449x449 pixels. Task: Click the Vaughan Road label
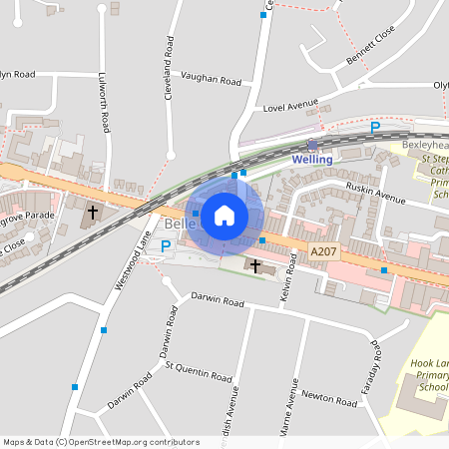point(211,79)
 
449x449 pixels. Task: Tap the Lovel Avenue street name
point(289,104)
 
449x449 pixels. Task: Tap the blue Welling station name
point(312,160)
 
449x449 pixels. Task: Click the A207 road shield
point(324,253)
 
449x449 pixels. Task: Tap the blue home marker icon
point(224,215)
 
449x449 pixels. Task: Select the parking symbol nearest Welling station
point(375,127)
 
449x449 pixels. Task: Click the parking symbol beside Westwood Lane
point(166,245)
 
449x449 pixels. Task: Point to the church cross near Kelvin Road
point(255,265)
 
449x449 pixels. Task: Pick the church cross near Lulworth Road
point(93,212)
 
